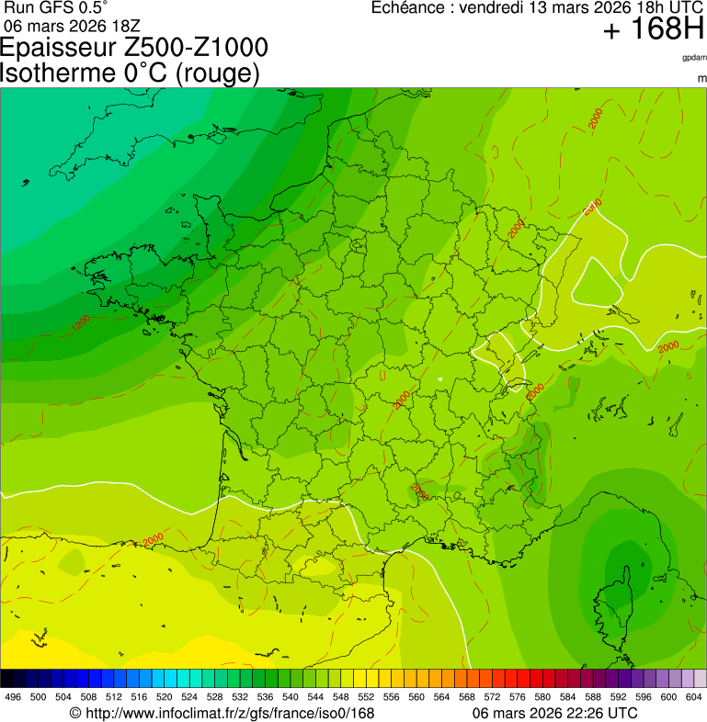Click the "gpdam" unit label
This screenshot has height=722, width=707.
point(694,57)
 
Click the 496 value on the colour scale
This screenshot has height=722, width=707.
point(13,697)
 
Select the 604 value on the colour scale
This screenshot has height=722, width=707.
point(694,697)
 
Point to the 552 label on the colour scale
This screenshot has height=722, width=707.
point(366,697)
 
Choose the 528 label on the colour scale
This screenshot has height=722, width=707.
point(214,697)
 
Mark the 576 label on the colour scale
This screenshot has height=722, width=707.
point(518,697)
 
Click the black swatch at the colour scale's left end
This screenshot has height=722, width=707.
point(7,678)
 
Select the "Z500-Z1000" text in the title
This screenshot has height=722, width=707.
point(199,49)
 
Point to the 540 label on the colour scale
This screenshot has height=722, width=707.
point(291,697)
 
